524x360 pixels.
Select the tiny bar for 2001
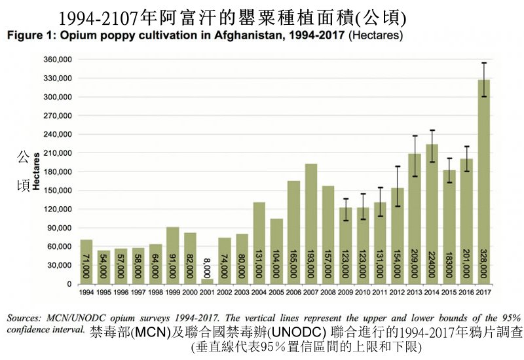click(x=207, y=281)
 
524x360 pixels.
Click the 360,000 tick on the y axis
click(x=56, y=60)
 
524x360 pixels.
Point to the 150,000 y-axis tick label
click(x=56, y=190)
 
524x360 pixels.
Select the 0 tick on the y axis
click(x=67, y=284)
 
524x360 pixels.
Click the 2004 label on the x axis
click(x=259, y=292)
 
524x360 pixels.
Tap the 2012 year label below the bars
click(x=397, y=292)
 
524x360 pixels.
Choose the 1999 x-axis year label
click(x=172, y=292)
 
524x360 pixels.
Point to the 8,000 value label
click(x=207, y=268)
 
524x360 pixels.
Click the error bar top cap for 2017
click(x=483, y=63)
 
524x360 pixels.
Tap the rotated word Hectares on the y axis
click(x=37, y=171)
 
